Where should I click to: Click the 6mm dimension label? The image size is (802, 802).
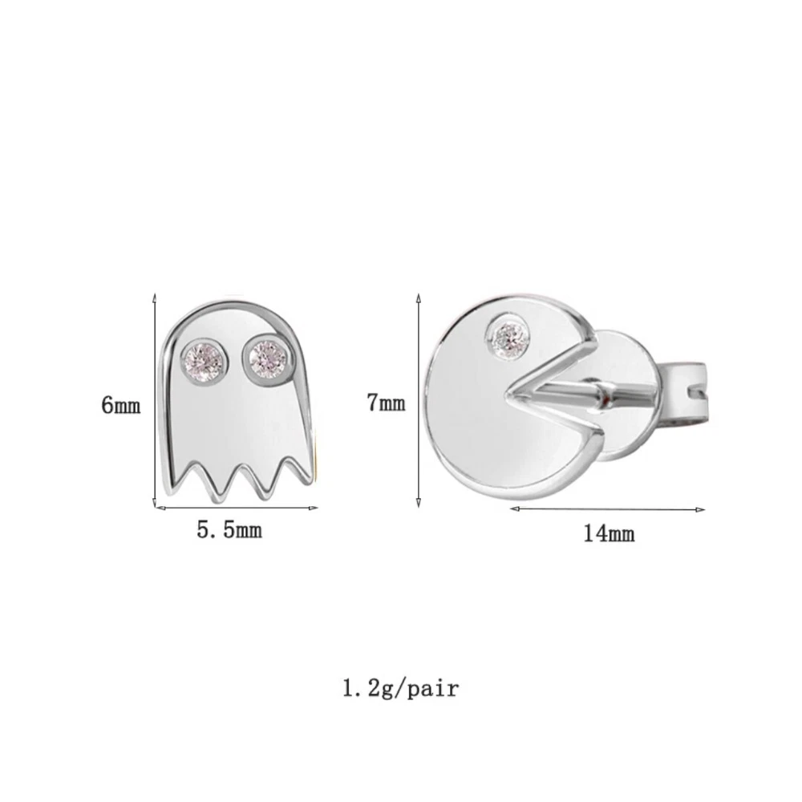click(121, 406)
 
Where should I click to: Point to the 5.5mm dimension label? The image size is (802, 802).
click(229, 530)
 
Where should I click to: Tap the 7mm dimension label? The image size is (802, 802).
click(387, 403)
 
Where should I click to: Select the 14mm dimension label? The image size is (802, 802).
click(610, 534)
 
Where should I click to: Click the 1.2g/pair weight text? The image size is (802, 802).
click(401, 688)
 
